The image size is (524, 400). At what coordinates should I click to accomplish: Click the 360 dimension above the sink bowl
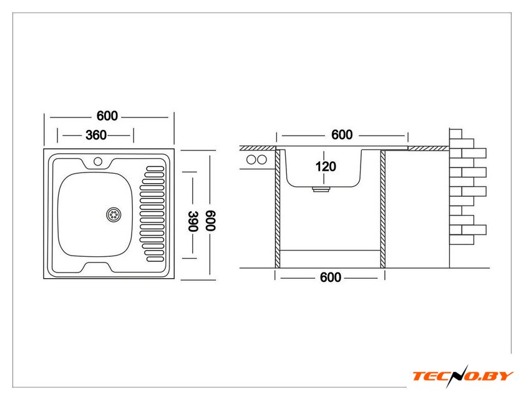95,135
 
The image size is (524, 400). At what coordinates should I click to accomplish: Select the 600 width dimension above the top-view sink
107,116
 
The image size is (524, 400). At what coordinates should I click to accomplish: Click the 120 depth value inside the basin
326,166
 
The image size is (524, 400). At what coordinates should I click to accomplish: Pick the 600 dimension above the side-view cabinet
342,134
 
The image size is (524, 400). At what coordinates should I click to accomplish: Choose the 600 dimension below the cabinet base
331,277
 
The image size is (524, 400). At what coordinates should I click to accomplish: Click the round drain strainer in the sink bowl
114,214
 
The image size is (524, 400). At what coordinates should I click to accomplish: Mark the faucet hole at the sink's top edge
98,162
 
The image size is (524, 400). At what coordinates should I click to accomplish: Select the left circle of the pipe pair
251,159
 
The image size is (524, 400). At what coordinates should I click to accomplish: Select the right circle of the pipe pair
261,159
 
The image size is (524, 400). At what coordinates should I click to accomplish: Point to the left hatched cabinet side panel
277,209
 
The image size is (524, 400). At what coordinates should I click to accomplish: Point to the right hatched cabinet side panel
383,209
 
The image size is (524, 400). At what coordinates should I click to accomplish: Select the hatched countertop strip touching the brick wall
428,148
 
